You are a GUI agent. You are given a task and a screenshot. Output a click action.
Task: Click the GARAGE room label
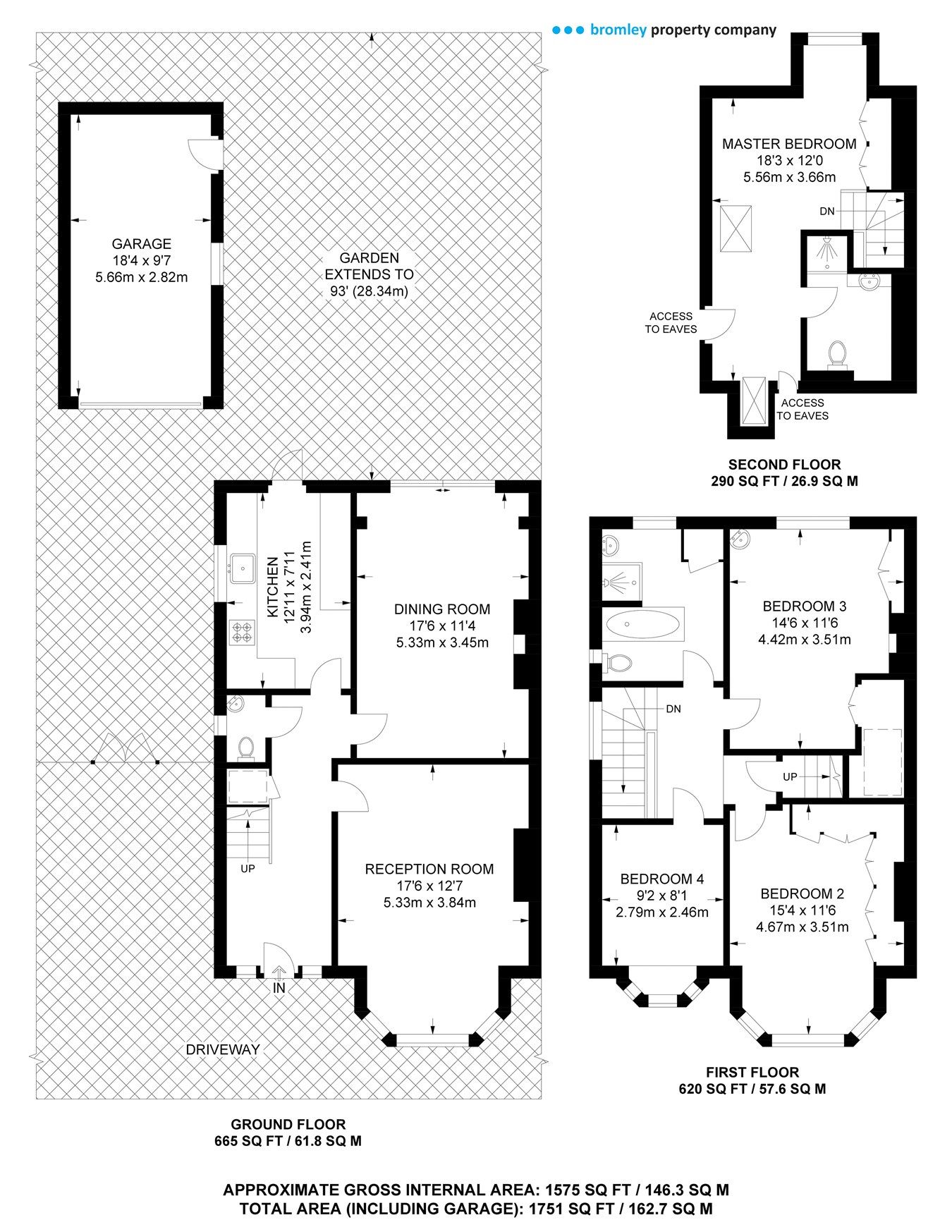pos(141,244)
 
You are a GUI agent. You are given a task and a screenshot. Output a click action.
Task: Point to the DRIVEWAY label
pos(222,1049)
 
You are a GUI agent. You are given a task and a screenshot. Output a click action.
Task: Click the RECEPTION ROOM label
pos(429,870)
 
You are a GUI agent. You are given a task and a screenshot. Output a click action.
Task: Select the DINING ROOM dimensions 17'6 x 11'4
pos(442,626)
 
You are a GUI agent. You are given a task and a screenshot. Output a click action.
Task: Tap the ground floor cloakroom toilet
pos(246,747)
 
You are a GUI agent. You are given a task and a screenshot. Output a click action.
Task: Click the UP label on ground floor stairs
pos(248,869)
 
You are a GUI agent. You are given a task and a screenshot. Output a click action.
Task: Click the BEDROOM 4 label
pos(661,879)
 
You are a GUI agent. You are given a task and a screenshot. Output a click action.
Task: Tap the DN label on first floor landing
pos(673,709)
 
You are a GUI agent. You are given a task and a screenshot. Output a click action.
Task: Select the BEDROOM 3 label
pos(804,606)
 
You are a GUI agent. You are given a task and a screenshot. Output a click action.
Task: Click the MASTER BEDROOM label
pos(789,144)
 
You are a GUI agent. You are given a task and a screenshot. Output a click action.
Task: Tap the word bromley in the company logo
pos(618,30)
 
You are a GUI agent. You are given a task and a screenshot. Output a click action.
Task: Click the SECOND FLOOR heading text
pos(784,465)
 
